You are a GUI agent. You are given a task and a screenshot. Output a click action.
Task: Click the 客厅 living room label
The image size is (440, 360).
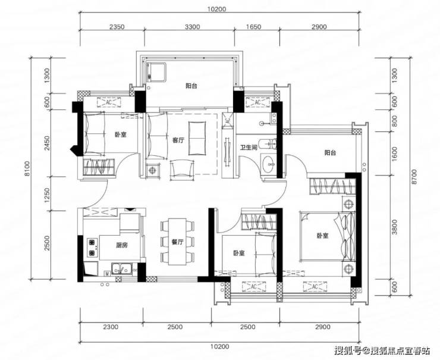178,140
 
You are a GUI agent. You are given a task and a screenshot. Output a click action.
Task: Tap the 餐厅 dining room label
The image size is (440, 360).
177,242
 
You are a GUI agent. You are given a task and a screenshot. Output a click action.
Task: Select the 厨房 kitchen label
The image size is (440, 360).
122,245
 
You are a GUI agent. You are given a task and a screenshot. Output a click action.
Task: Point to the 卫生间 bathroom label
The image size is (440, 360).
249,147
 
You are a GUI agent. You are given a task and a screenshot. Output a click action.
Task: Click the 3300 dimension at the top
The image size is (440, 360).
193,27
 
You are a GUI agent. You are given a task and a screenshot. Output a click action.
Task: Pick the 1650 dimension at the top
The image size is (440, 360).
253,27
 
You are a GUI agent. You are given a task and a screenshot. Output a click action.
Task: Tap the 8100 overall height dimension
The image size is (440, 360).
27,168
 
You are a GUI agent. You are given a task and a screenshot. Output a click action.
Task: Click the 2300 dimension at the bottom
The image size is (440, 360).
111,327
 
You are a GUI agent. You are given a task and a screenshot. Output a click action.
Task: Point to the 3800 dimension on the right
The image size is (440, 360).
395,227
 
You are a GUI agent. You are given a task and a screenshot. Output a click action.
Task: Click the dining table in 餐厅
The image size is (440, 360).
177,242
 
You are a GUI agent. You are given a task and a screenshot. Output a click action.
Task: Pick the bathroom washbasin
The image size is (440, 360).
269,164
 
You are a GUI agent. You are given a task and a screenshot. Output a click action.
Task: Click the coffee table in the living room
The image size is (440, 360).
198,138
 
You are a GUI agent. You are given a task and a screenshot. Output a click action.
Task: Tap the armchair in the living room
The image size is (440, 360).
183,170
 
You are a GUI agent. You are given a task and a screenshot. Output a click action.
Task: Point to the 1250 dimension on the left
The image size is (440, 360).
46,194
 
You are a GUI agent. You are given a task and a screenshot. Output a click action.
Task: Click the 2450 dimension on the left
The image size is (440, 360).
46,143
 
